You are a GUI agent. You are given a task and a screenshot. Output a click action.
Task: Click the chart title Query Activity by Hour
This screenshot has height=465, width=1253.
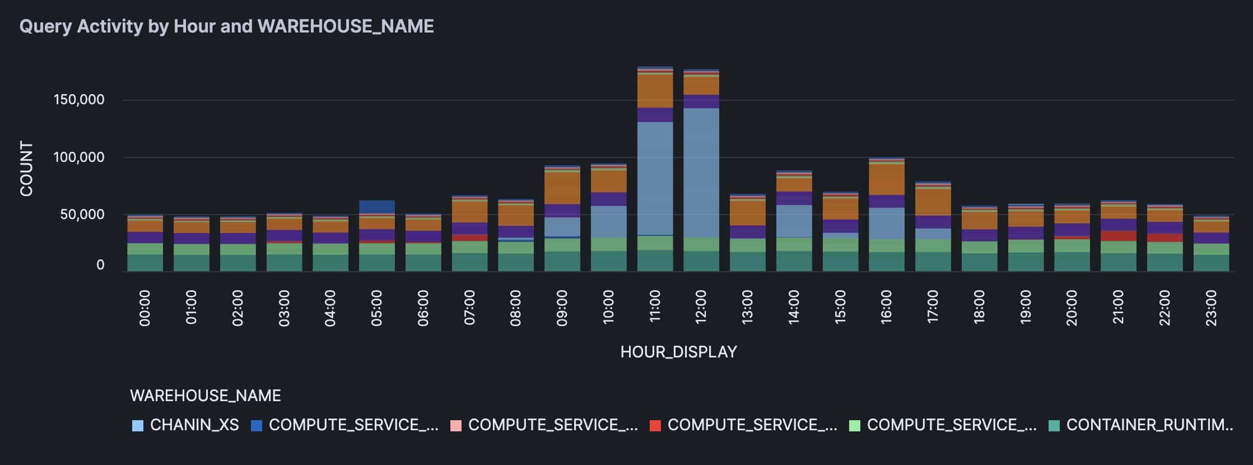[226, 26]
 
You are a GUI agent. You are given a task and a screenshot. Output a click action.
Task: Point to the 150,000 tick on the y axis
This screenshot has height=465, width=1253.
[79, 100]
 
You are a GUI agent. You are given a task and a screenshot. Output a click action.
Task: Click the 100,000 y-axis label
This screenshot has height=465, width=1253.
[79, 157]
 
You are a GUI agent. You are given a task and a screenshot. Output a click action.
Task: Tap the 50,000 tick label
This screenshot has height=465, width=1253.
[82, 214]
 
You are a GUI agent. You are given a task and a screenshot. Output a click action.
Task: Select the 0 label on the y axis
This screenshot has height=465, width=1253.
[100, 264]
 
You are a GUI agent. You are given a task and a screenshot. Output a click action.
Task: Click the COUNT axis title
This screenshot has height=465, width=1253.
[26, 169]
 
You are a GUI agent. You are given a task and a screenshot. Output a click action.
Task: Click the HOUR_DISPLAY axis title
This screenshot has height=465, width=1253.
[678, 352]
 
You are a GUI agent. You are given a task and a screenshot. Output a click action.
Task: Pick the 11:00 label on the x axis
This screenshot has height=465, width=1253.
[655, 308]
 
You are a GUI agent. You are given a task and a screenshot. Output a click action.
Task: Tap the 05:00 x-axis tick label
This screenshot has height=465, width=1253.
[376, 308]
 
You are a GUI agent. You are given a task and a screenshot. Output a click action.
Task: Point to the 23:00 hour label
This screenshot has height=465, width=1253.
[1211, 308]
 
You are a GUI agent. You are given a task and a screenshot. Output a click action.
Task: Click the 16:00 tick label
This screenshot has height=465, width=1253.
[887, 308]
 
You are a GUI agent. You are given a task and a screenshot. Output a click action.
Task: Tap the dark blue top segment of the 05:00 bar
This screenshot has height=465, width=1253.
[377, 207]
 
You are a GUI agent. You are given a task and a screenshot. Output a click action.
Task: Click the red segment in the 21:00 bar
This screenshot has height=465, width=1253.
[1119, 236]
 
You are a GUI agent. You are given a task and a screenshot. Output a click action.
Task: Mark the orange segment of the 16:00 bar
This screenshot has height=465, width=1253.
[887, 179]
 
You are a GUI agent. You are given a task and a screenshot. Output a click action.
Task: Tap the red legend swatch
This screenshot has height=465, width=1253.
[655, 426]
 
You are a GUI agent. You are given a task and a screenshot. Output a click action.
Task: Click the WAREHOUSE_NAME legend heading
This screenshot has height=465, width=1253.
[205, 396]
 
